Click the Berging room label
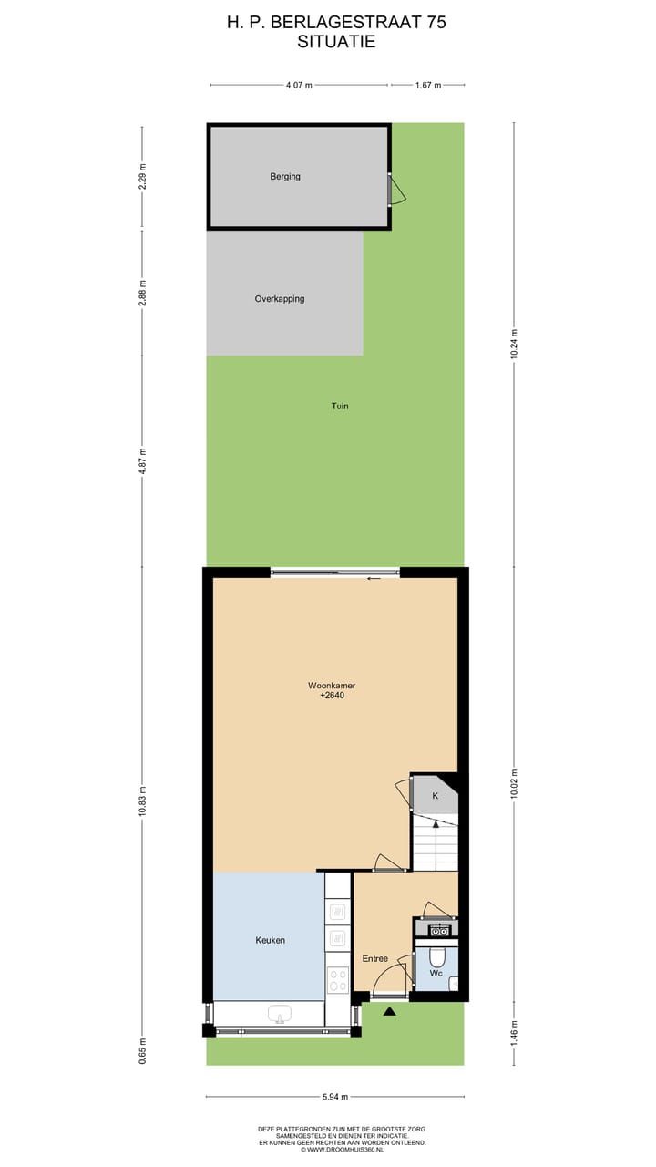coord(285,177)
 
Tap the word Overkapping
coord(280,299)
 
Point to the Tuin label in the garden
coord(340,407)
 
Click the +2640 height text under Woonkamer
coord(332,696)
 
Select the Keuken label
coord(271,940)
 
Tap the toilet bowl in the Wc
coord(436,956)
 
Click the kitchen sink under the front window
coord(279,1015)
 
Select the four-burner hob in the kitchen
coord(338,980)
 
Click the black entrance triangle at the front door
coord(390,1011)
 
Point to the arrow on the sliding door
coord(374,578)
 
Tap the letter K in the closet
coord(436,796)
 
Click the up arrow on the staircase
coord(436,825)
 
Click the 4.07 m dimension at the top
coord(299,85)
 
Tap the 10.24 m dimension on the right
coord(514,345)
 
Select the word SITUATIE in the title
coord(336,42)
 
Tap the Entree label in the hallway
coord(375,958)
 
